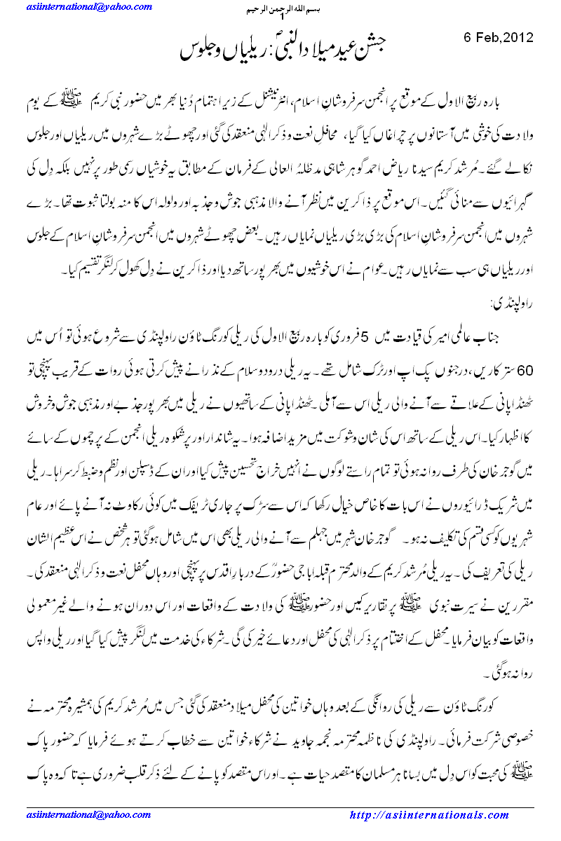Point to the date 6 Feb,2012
tap(499, 37)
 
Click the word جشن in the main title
tap(373, 48)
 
